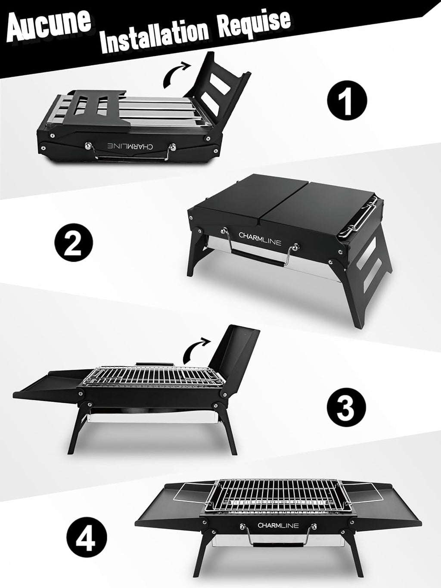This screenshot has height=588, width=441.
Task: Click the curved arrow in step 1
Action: pos(177,73)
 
